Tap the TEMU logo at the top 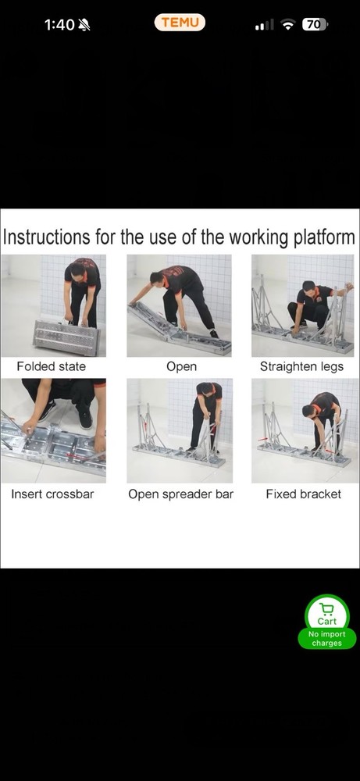click(180, 23)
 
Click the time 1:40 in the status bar click(59, 25)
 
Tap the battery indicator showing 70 click(314, 25)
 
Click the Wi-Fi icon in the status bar click(287, 25)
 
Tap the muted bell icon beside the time click(84, 25)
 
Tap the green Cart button click(326, 612)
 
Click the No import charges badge click(326, 639)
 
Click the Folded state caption click(52, 366)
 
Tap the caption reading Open click(181, 366)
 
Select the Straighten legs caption click(301, 366)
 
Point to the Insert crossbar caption click(52, 494)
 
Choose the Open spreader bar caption click(180, 494)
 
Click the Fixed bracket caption click(303, 494)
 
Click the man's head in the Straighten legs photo click(308, 288)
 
